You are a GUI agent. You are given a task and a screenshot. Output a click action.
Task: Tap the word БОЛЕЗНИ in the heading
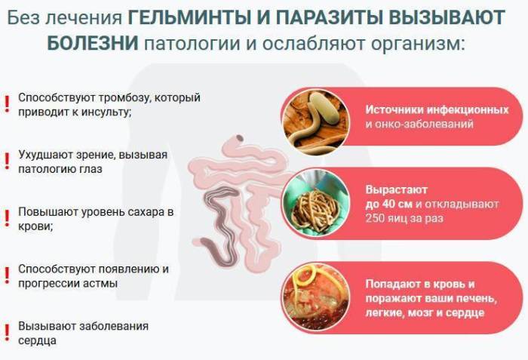92,42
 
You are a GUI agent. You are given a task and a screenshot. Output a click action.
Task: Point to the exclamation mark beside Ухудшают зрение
7,161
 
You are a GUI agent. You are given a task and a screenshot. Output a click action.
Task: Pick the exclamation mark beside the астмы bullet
7,274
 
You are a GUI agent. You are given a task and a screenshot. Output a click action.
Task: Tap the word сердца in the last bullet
37,340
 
